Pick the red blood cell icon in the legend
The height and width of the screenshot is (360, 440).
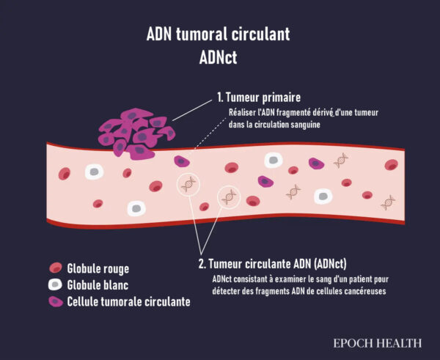click(x=56, y=268)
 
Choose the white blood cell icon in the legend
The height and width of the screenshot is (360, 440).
click(x=56, y=284)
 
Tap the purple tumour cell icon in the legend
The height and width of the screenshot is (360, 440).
click(x=56, y=301)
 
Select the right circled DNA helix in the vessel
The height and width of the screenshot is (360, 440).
click(x=230, y=196)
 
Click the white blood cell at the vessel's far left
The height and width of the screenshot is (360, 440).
click(x=94, y=172)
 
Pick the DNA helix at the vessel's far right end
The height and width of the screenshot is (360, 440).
click(x=388, y=201)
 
